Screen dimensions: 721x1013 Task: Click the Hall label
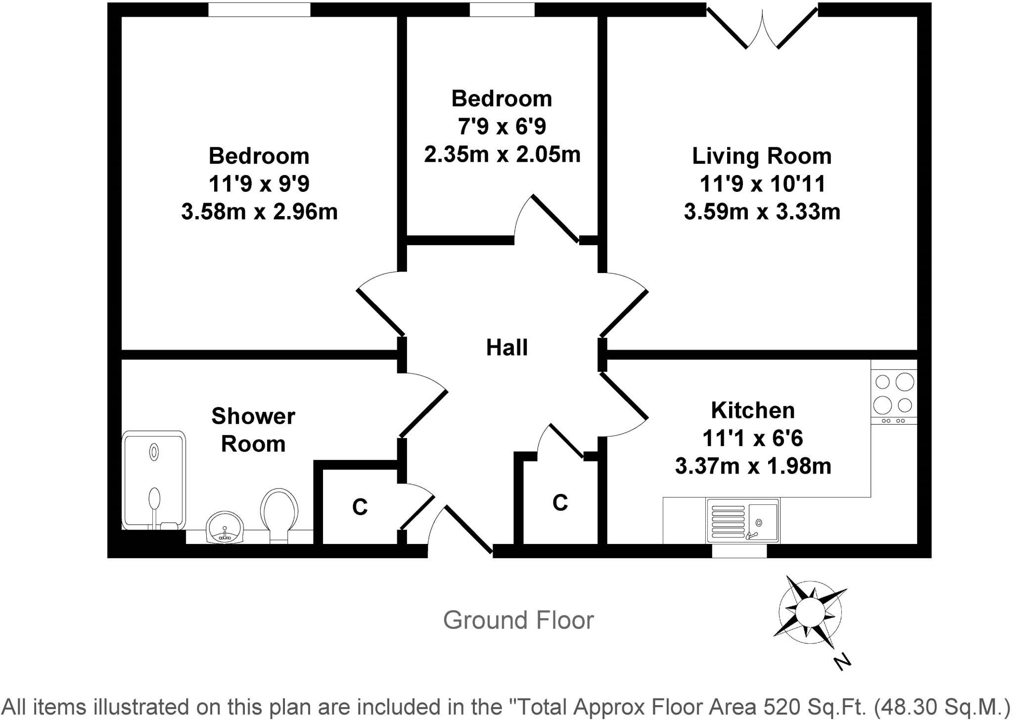[506, 348]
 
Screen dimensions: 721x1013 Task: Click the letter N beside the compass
[841, 661]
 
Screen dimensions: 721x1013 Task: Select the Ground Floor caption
[518, 620]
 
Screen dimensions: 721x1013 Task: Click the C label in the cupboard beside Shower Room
[360, 507]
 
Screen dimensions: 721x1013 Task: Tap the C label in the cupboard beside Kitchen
[559, 503]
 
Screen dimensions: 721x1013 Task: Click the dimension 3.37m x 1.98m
[753, 466]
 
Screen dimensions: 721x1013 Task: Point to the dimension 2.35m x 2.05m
[502, 154]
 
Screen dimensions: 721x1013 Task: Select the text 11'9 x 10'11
[762, 184]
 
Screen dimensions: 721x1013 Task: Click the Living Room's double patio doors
[762, 27]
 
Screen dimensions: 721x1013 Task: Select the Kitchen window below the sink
[739, 551]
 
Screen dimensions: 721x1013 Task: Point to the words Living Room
[762, 156]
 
